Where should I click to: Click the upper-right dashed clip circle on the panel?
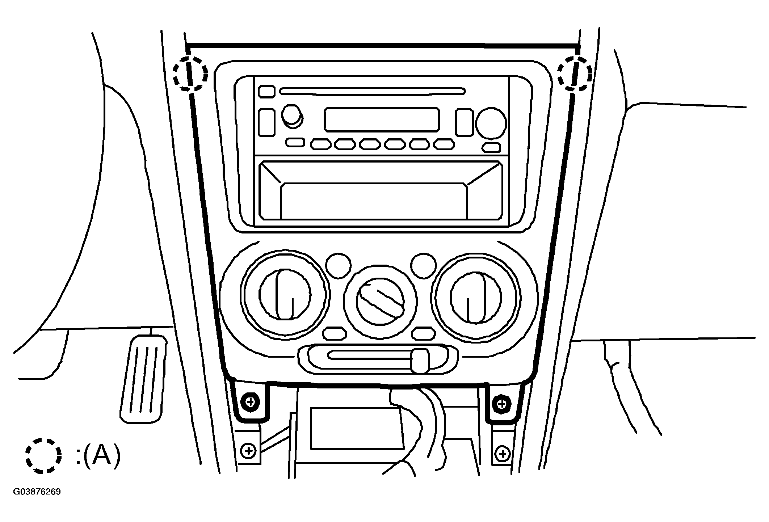(558, 74)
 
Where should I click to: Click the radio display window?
(382, 119)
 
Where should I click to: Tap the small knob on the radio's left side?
(292, 116)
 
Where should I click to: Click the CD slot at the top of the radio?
(372, 91)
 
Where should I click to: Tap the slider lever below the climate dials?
(420, 360)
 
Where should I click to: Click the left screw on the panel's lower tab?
(250, 402)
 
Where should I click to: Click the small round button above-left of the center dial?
(338, 265)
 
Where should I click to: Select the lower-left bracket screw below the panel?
(248, 451)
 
